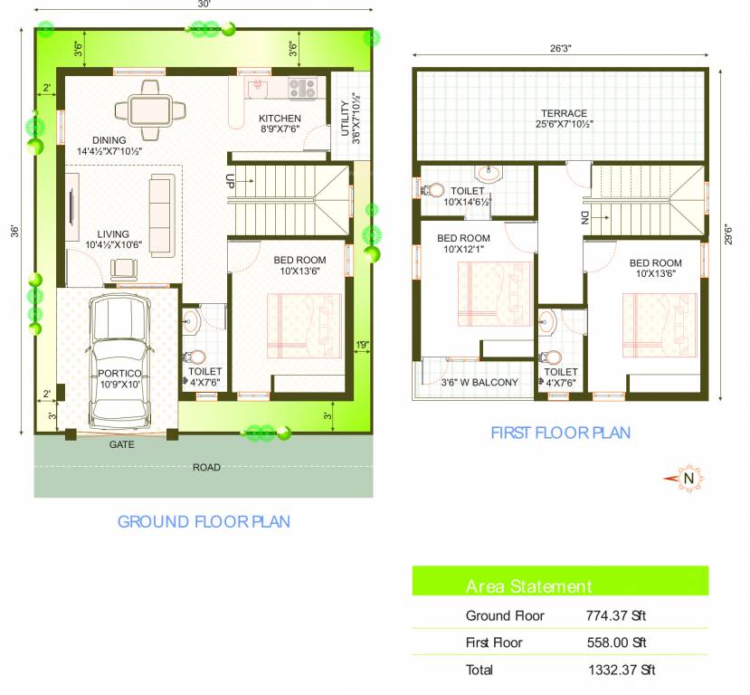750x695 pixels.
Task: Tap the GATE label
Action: [x=122, y=445]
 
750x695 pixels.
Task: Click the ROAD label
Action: [x=206, y=467]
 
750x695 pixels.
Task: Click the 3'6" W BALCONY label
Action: [x=479, y=382]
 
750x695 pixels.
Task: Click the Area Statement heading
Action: [x=528, y=586]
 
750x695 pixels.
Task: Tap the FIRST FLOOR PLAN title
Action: [x=560, y=433]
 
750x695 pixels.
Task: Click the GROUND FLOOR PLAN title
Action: [x=204, y=521]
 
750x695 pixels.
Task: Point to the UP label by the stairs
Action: [x=231, y=181]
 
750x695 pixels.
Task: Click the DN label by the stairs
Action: [x=584, y=218]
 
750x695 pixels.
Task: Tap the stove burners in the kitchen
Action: [x=302, y=88]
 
